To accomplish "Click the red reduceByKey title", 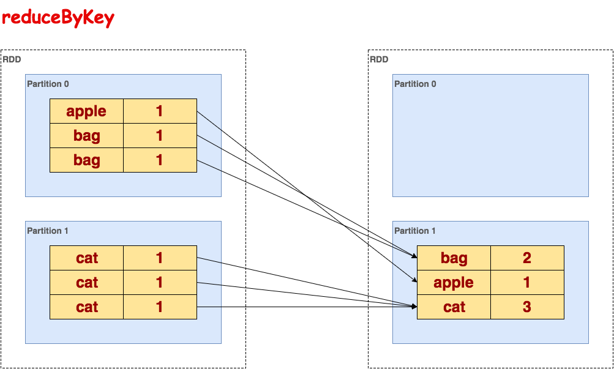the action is tap(58, 18).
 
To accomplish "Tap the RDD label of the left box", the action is tap(12, 59).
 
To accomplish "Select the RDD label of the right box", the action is tap(379, 59).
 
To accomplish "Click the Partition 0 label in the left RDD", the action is tap(48, 84).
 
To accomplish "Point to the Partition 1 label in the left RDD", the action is tap(48, 231).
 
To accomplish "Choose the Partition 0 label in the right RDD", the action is tap(415, 84).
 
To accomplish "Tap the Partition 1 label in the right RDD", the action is tap(415, 231).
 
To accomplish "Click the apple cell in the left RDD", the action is tap(86, 111).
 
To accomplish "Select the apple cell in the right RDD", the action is tap(454, 283).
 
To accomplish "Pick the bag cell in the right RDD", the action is tap(454, 258).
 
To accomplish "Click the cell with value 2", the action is tap(527, 258).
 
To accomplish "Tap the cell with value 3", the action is tap(527, 307).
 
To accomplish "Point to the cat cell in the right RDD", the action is tap(454, 307).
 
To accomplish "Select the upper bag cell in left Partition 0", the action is tap(86, 136).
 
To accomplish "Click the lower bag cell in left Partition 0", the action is tap(86, 160).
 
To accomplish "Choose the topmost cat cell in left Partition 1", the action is tap(86, 258).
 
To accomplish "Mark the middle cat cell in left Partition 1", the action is tap(86, 283).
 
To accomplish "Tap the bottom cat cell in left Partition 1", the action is tap(86, 307).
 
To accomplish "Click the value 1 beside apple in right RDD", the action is tap(527, 283).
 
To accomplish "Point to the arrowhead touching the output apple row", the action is tap(414, 280).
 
